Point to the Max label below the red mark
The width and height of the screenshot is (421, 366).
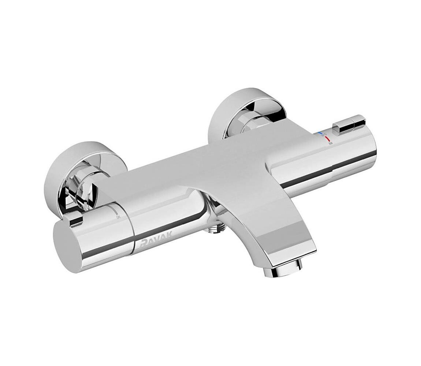[x=330, y=143]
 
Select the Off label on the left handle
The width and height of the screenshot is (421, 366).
[x=118, y=217]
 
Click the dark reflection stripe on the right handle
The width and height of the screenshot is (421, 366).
[x=322, y=180]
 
